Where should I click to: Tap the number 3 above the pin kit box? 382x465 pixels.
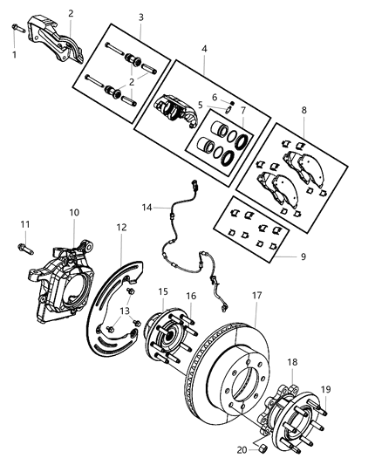coord(140,17)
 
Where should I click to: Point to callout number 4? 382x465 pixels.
coord(204,50)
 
